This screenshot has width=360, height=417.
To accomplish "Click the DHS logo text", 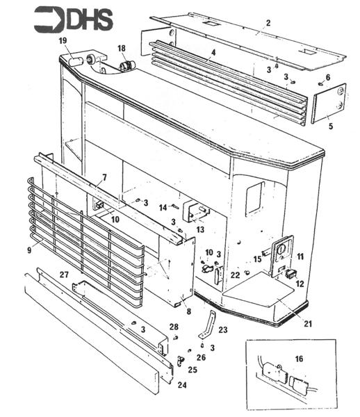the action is coord(90,19).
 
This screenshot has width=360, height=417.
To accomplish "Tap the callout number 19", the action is coord(63,41).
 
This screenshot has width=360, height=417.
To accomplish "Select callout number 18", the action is coord(122,49).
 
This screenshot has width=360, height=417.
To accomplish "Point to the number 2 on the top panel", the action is coord(268,23).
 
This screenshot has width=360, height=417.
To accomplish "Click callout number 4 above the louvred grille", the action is coord(213,53).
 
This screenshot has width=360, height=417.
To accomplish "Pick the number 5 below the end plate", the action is coord(331,126).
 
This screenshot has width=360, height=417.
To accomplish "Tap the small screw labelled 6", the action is coord(320,83).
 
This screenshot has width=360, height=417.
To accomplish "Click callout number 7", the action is coord(104,177).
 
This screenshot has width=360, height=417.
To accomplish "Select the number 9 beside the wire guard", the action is coord(29,250).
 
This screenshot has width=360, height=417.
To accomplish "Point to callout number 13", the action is coord(200,229).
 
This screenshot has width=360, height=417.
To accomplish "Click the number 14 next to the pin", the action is coord(163,207).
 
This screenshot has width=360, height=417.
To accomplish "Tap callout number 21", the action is coord(308,324).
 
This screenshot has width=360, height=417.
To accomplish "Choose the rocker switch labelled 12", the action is coord(291,274).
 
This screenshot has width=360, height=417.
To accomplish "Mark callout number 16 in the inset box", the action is coord(299,359).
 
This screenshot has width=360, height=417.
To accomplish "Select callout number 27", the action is coord(64,275).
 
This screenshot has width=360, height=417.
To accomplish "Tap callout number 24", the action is coord(182,385).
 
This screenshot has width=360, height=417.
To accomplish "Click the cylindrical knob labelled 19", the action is coord(76,63).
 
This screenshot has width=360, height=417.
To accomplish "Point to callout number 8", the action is coord(189,311).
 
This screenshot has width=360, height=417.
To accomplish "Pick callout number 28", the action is coord(174,327).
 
